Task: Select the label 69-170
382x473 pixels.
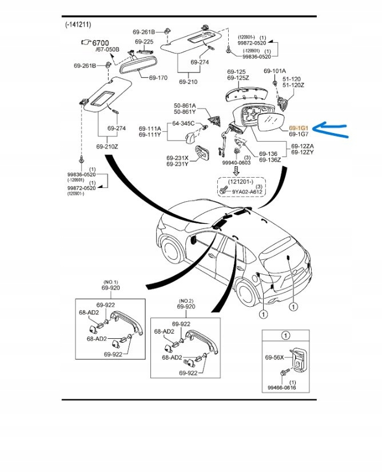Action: [158, 77]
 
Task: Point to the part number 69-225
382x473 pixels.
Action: [144, 42]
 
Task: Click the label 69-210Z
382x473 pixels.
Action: [108, 147]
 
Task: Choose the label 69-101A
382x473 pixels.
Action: [274, 71]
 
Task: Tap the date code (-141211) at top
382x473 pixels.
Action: [78, 25]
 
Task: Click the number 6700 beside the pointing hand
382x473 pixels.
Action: [100, 43]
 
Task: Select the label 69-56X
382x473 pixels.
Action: [273, 358]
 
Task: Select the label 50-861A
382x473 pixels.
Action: [185, 106]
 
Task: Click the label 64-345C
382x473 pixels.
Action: [184, 123]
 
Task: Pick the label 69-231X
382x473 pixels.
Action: [178, 158]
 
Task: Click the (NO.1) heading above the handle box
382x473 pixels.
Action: [110, 282]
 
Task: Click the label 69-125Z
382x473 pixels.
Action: [238, 78]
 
